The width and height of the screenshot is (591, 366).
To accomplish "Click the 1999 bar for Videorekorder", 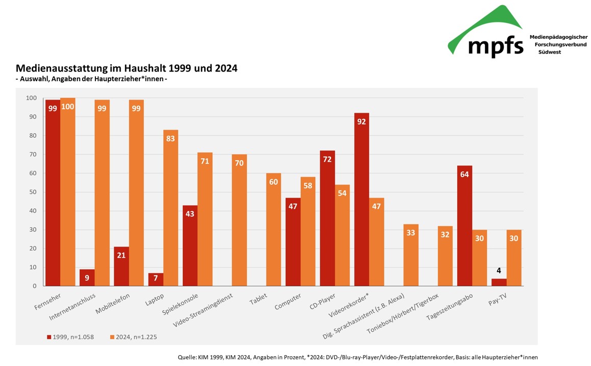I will coord(361,199).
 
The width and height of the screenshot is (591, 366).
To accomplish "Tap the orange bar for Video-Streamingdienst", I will coord(239,220).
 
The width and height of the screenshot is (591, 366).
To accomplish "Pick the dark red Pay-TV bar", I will coord(499,282).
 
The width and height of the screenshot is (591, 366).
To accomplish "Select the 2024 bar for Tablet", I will coord(274,230).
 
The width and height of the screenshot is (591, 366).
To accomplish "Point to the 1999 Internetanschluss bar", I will coord(87,278).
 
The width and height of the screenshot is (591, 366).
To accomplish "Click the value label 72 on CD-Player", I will coord(327,160).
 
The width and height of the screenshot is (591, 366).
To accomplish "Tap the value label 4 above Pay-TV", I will coord(499,271).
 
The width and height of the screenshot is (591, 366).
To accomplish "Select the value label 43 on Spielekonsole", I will coord(190,214).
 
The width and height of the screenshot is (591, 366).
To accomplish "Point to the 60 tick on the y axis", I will coord(31,174).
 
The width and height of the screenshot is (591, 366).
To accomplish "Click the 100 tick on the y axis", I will coord(31,98).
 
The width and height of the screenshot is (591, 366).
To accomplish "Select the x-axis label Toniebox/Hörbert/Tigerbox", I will coord(403,314).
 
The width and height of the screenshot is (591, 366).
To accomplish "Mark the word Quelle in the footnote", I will coord(188,357).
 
